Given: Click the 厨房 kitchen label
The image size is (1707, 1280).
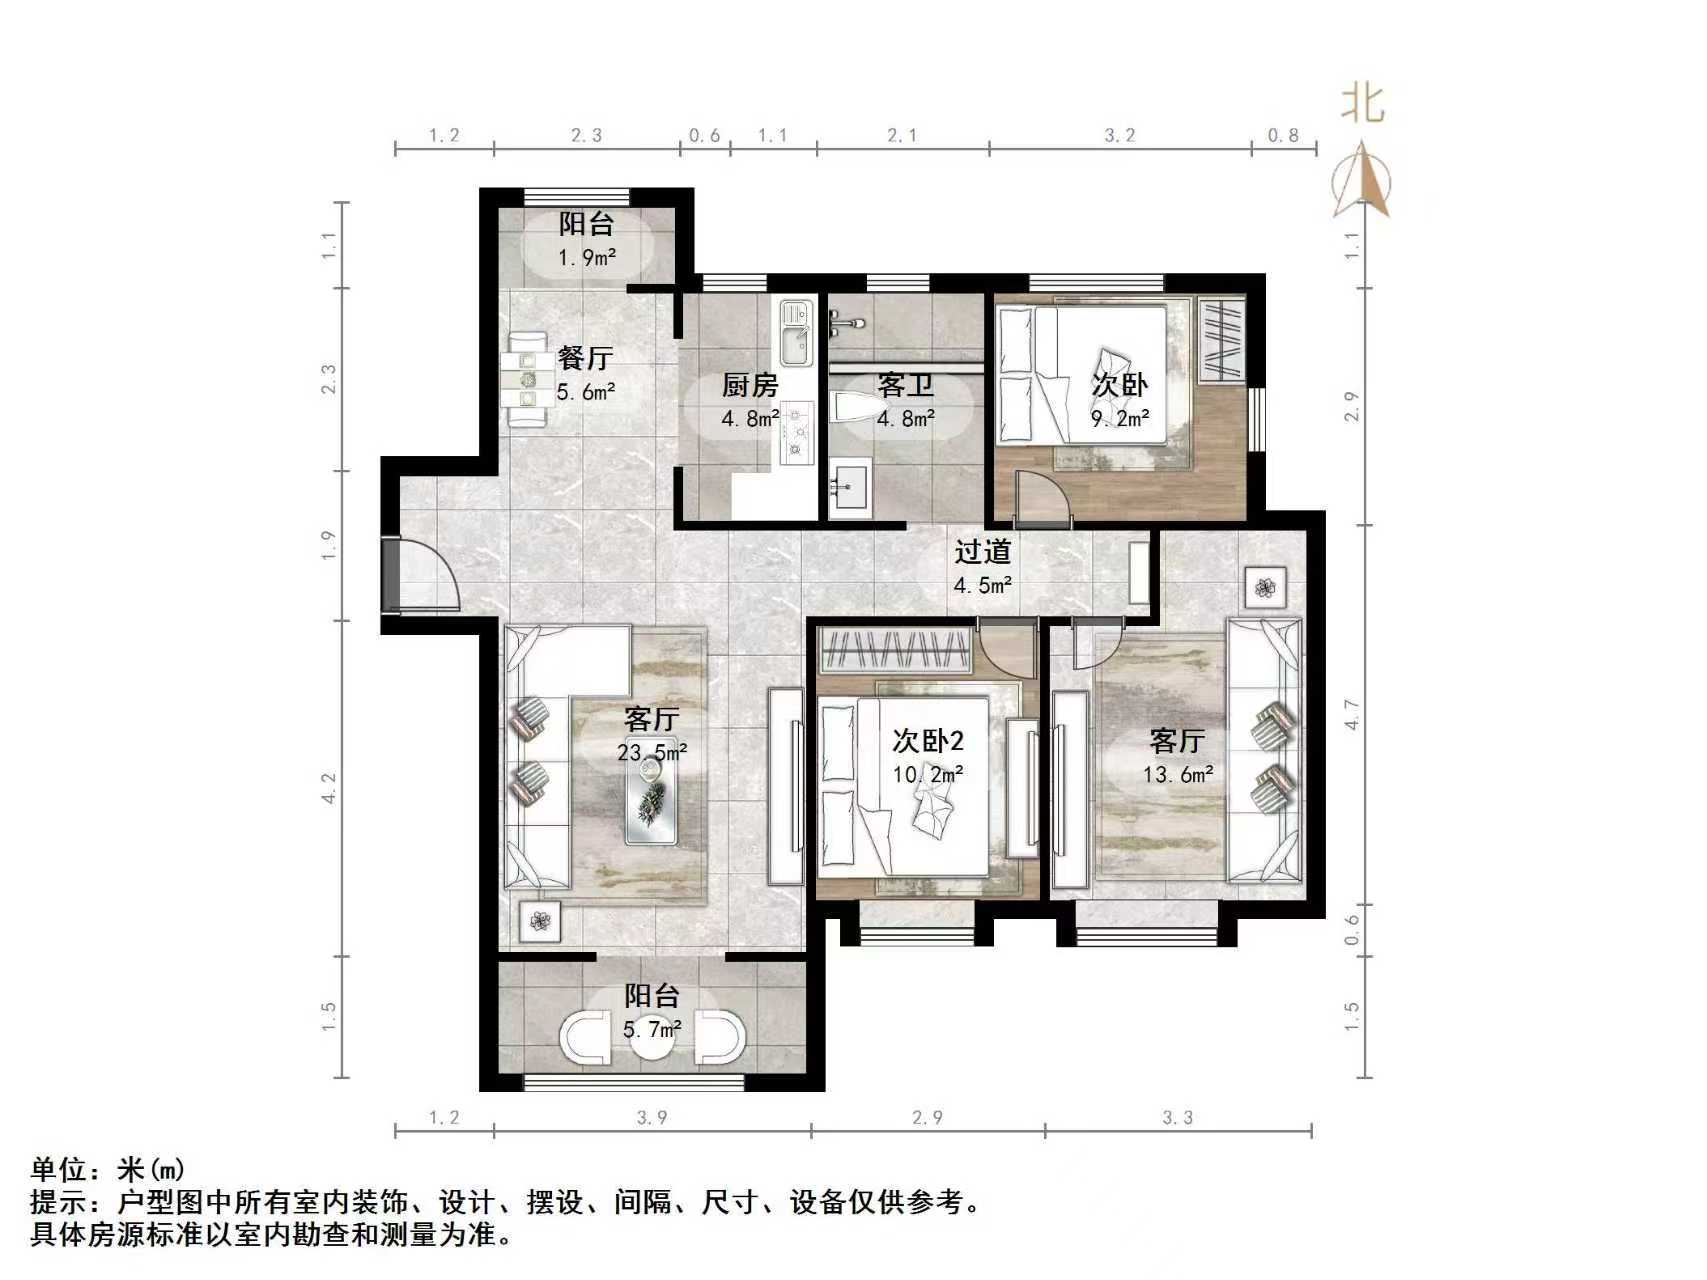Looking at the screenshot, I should click(x=749, y=385).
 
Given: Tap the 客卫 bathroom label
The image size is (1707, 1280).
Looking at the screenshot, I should click(x=905, y=385).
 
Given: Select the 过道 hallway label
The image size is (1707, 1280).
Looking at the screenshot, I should click(x=982, y=552).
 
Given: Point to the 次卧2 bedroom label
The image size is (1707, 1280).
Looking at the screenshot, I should click(x=928, y=741).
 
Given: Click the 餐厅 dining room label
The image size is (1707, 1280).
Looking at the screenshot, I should click(x=585, y=358).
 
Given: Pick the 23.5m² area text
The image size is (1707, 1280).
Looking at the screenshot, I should click(x=652, y=752).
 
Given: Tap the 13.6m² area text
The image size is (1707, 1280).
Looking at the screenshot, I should click(x=1178, y=774).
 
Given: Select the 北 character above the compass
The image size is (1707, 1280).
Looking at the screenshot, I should click(x=1363, y=103).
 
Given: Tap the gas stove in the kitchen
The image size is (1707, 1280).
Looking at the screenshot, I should click(x=797, y=432).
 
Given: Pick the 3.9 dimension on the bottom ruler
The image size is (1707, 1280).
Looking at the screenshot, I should click(x=652, y=1117).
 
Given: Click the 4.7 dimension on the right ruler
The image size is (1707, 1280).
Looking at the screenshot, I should click(x=1352, y=714).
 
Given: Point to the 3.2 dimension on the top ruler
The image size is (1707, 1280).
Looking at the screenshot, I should click(x=1119, y=135).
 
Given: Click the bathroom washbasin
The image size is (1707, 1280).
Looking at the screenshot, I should click(x=850, y=488).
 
